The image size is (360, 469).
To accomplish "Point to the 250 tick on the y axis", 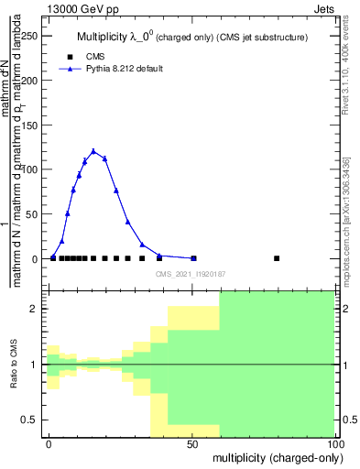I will tap(33, 35).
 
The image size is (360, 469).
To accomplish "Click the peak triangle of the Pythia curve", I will tap(93, 151).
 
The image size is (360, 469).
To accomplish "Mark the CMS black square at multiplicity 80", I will tap(277, 258).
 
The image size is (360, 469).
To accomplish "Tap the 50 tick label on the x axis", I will tap(191, 443).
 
